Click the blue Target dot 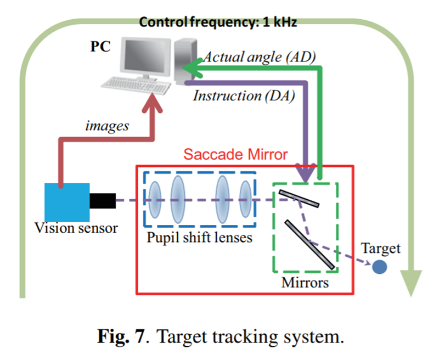pyautogui.click(x=379, y=267)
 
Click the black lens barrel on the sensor pyautogui.click(x=102, y=201)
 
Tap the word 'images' pyautogui.click(x=107, y=126)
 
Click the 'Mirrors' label pyautogui.click(x=305, y=283)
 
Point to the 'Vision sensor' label pyautogui.click(x=76, y=228)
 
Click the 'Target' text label pyautogui.click(x=381, y=249)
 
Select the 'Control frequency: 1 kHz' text pyautogui.click(x=218, y=22)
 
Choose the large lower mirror pyautogui.click(x=310, y=244)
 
